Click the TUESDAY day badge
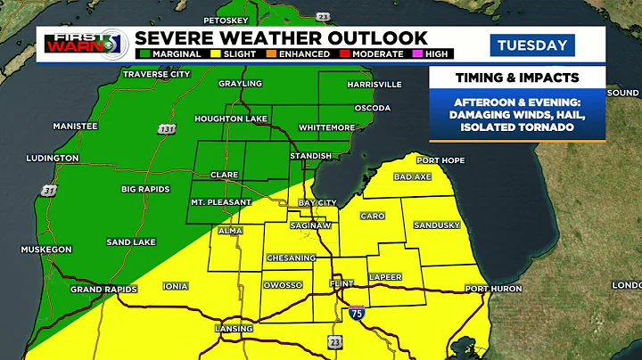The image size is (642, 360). pyautogui.click(x=531, y=45)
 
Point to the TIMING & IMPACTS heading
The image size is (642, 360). pyautogui.click(x=517, y=78)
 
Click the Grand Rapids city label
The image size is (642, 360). pyautogui.click(x=103, y=290)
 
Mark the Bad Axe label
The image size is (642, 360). pyautogui.click(x=413, y=176)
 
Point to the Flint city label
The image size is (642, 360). pyautogui.click(x=342, y=284)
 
